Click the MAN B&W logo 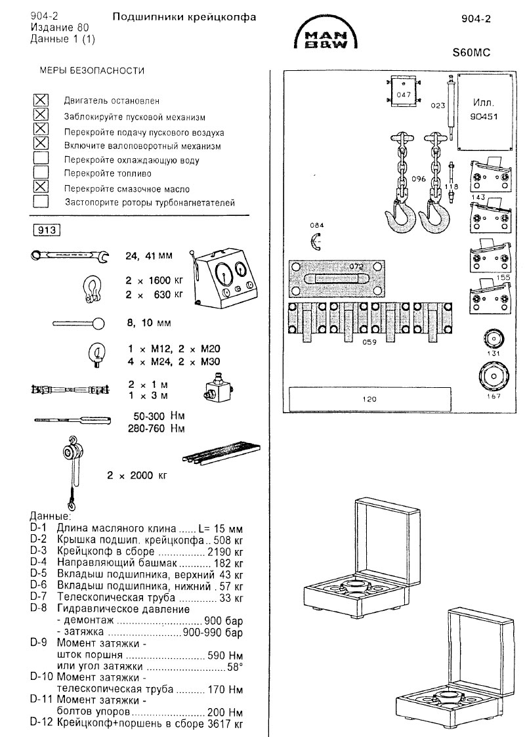click(325, 36)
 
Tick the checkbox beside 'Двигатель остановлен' click(41, 100)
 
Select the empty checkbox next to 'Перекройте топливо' click(41, 173)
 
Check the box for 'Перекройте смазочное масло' click(41, 187)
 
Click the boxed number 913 click(47, 229)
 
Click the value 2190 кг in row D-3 click(225, 551)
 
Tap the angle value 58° click(235, 666)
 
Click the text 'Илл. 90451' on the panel click(483, 108)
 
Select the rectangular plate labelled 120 click(368, 398)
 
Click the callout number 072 click(356, 266)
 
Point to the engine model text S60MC click(472, 54)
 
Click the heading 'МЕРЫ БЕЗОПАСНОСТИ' click(93, 70)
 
